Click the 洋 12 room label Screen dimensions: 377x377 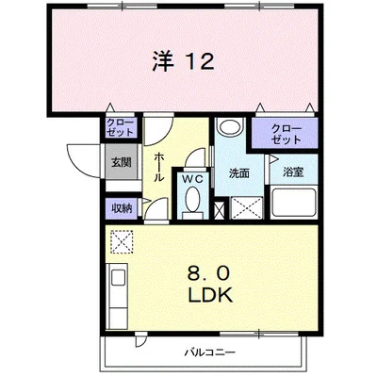point(184,61)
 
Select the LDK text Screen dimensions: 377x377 point(210,294)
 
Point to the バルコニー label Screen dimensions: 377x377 point(209,352)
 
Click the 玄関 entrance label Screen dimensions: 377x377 point(122,162)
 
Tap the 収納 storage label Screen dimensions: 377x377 point(122,208)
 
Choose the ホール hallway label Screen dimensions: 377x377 point(159,167)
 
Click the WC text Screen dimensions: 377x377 point(192,179)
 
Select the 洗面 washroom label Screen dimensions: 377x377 point(239,172)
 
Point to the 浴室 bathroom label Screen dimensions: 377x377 point(293,172)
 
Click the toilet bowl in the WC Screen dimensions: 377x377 point(192,200)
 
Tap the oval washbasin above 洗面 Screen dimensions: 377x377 point(230,127)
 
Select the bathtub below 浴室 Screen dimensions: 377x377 point(294,202)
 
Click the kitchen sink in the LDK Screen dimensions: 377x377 point(117,276)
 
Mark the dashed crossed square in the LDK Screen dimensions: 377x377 point(122,241)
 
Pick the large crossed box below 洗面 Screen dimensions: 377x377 point(246,207)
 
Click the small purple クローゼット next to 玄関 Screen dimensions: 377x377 point(120,127)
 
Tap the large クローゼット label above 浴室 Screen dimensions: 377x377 point(286,133)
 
